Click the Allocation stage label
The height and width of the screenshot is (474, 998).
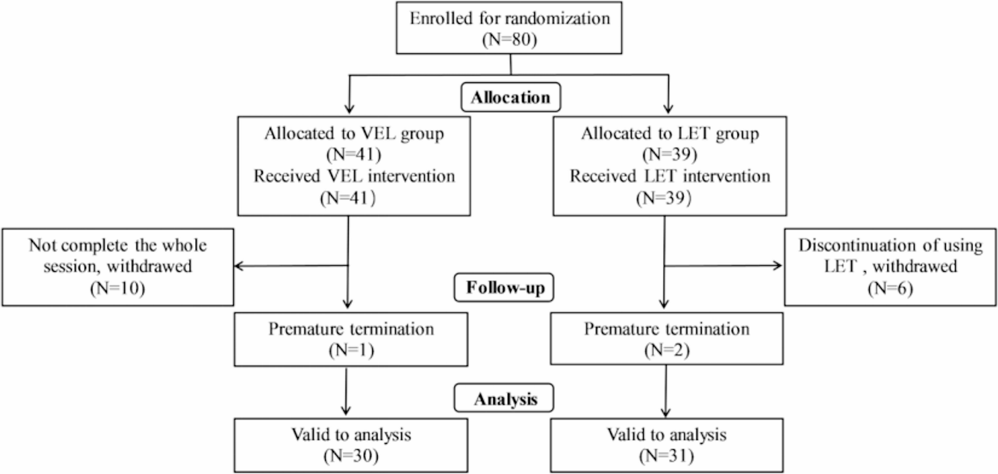pyautogui.click(x=510, y=98)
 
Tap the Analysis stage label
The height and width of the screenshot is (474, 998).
pyautogui.click(x=505, y=399)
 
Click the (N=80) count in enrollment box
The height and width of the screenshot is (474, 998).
pyautogui.click(x=509, y=39)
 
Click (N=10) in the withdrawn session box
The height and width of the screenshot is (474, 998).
pyautogui.click(x=117, y=288)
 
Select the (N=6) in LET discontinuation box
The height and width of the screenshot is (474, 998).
pyautogui.click(x=890, y=288)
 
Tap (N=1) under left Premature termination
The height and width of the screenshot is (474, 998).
pyautogui.click(x=351, y=350)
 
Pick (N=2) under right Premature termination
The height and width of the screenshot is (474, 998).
pyautogui.click(x=666, y=350)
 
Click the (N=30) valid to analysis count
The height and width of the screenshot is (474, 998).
pyautogui.click(x=351, y=456)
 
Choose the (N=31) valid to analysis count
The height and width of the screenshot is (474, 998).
pyautogui.click(x=666, y=456)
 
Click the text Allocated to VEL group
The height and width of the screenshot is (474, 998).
pyautogui.click(x=354, y=134)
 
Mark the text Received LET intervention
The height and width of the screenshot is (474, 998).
pyautogui.click(x=670, y=176)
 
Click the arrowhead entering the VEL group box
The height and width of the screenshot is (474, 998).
pyautogui.click(x=349, y=110)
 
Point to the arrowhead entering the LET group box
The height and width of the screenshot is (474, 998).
pyautogui.click(x=668, y=110)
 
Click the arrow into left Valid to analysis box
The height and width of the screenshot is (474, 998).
pyautogui.click(x=346, y=410)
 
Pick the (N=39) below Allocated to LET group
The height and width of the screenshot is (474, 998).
pyautogui.click(x=670, y=154)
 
